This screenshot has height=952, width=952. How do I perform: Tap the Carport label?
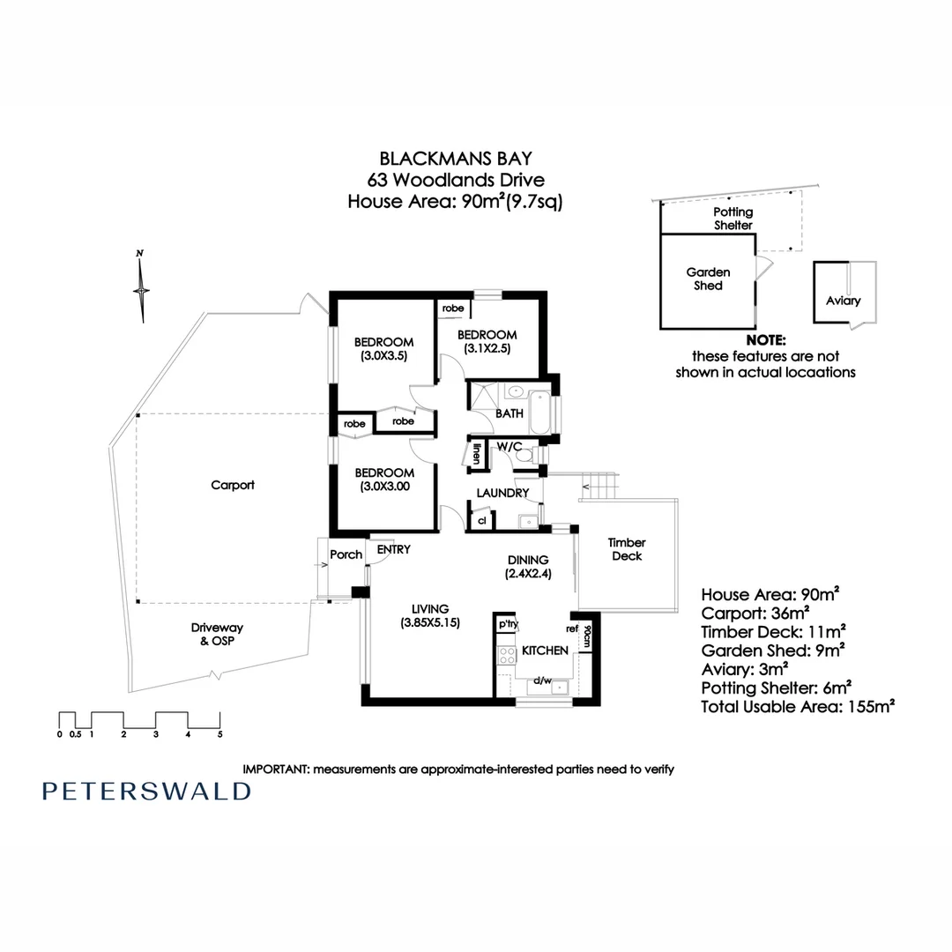pos(233,485)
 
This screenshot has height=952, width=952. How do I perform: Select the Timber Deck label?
pos(627,549)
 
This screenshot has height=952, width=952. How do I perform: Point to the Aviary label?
pos(844,301)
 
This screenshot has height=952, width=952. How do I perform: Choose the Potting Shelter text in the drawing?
pos(733,219)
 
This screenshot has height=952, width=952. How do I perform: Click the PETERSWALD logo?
pos(146,791)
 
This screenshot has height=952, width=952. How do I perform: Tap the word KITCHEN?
pos(545,651)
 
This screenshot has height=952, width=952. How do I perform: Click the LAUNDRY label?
pos(502,493)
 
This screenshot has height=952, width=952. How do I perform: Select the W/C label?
pos(509,447)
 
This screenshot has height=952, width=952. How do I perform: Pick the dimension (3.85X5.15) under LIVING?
pos(430,623)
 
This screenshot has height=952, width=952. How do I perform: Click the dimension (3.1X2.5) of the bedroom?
pos(487,348)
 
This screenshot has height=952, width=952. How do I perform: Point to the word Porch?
pos(346,554)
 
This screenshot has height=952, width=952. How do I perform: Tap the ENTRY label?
pos(393,550)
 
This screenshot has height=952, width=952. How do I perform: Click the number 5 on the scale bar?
pos(220,733)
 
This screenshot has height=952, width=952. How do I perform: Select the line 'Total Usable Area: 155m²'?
pos(798,706)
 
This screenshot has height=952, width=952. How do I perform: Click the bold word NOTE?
pos(765,340)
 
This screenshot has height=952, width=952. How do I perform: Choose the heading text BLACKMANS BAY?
pos(456,159)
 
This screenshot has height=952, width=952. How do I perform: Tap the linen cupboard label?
pos(477,455)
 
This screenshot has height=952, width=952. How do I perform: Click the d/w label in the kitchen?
pos(542,681)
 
